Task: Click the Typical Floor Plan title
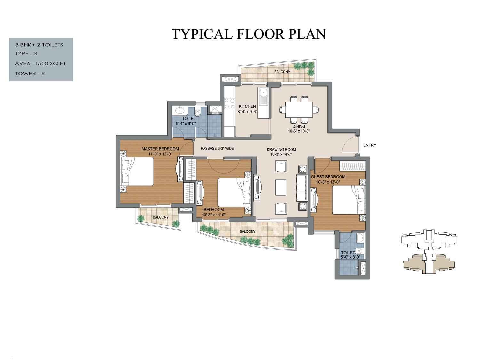249,34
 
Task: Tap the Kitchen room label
247,106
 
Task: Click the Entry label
370,145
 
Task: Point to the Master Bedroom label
160,149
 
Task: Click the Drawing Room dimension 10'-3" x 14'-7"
281,154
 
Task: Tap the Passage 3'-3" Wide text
217,149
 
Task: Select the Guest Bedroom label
328,177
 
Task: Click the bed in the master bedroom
137,172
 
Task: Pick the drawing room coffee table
281,187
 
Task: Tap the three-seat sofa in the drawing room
302,188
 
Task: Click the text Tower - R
30,74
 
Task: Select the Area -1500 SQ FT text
40,64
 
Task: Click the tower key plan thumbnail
429,251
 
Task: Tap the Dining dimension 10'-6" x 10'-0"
299,131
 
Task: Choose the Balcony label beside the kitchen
282,72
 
